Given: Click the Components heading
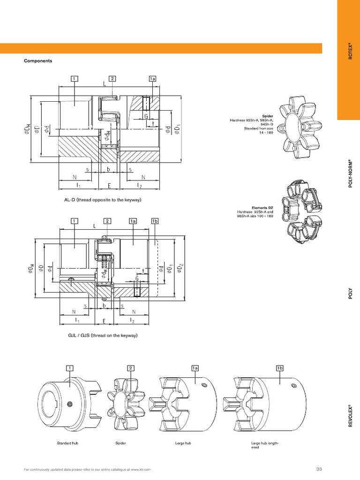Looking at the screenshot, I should coord(38,61).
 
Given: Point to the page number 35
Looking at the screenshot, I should coord(319,469).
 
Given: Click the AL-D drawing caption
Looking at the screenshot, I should coord(103,200).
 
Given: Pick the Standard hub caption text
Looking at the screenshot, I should coord(67,442).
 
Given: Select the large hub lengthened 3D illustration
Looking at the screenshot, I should coord(264,403).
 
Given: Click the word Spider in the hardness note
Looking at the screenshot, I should coord(268,115).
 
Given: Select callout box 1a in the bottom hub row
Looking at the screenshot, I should coord(195,368).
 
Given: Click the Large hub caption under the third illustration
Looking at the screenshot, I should coord(183,442).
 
